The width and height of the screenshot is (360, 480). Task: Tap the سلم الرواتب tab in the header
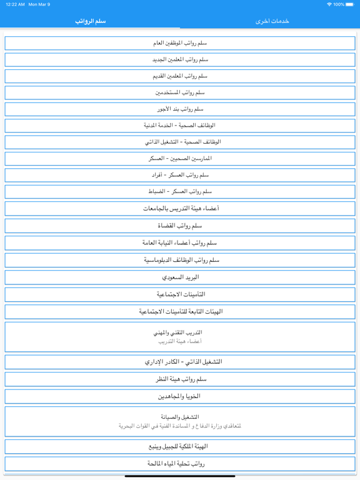coord(90,21)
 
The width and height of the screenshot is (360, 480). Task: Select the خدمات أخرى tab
coord(272,21)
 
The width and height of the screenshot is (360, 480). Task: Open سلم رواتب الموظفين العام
coord(180,43)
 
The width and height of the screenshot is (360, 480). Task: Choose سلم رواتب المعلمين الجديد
coord(180,59)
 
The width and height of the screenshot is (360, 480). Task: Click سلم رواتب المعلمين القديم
coord(180,76)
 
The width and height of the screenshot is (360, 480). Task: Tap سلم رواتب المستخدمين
coord(180,92)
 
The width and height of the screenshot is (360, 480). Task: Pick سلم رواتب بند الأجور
coord(180,109)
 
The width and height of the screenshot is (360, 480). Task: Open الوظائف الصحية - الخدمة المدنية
coord(180,126)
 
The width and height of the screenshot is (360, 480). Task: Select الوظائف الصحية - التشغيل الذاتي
coord(180,142)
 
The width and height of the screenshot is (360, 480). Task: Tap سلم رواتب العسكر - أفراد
coord(180,175)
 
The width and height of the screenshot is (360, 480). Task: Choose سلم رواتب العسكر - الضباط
coord(180,192)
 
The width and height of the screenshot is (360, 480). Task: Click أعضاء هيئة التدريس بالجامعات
coord(180,209)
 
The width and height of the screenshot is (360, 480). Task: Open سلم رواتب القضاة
coord(180,226)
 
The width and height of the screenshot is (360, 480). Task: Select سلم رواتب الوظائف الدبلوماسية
coord(180,260)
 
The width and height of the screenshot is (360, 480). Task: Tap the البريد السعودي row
coord(180,277)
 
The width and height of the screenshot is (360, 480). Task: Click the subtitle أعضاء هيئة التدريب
coord(180,342)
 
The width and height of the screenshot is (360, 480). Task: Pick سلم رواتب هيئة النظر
coord(180,379)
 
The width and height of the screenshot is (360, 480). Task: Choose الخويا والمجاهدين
coord(180,396)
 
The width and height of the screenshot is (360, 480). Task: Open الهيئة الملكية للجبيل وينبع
coord(180,447)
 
